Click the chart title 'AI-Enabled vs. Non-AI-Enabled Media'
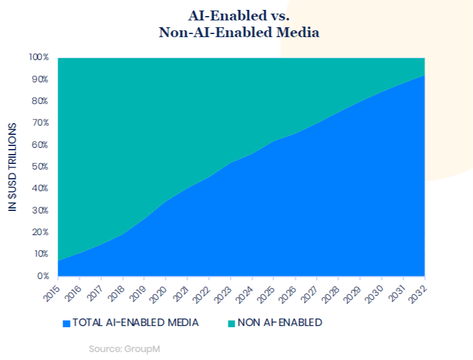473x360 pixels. [239, 23]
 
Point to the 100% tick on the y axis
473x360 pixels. [38, 58]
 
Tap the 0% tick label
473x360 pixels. [41, 276]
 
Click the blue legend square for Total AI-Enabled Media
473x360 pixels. [66, 323]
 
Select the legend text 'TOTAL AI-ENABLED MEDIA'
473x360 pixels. [136, 323]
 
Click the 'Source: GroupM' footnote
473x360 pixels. [124, 349]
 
